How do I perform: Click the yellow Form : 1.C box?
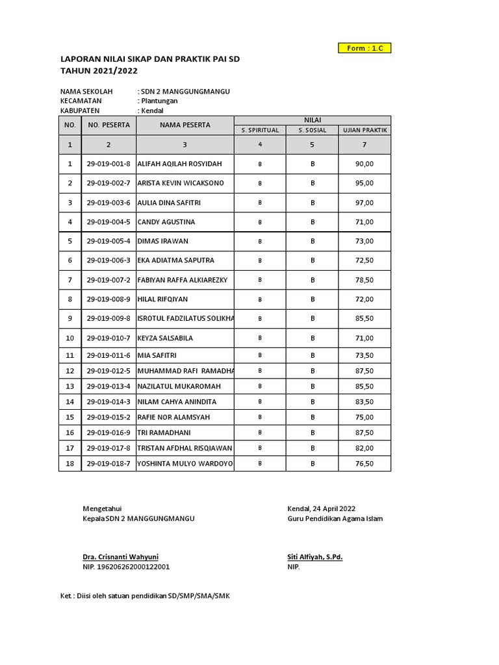point(365,48)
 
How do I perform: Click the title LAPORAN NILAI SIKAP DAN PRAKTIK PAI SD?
point(150,59)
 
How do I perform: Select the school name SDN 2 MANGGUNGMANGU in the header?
point(185,92)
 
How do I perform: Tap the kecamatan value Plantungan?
point(159,101)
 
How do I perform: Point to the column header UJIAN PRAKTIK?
point(365,130)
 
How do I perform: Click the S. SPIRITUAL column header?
point(260,130)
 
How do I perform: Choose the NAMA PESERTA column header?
point(185,125)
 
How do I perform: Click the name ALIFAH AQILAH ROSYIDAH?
point(180,164)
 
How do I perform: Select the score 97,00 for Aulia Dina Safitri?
point(365,203)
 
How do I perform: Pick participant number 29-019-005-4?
point(109,241)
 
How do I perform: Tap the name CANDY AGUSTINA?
point(166,222)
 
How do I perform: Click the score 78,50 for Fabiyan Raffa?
point(365,280)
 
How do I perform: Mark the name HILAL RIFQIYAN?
point(163,299)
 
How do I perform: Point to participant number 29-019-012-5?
point(109,371)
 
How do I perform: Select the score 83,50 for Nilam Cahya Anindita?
point(365,402)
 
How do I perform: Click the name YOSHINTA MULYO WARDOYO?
point(185,464)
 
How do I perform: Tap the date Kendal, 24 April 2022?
point(322,508)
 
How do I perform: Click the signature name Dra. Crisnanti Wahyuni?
point(120,557)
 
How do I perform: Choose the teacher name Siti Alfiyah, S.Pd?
point(314,557)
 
